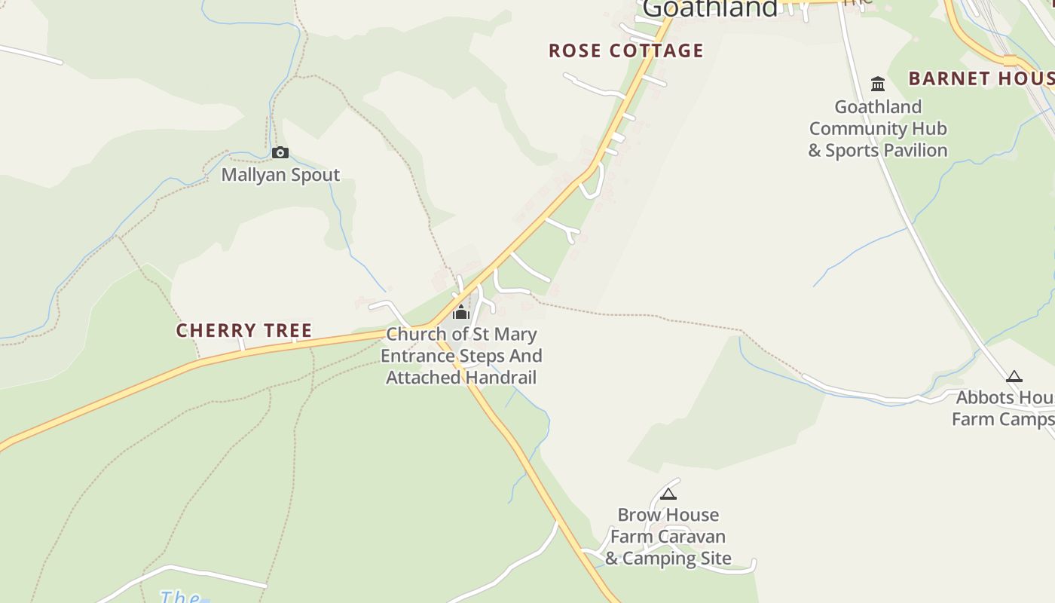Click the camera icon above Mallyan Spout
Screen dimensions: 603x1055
pyautogui.click(x=280, y=153)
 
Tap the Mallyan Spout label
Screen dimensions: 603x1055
pyautogui.click(x=280, y=175)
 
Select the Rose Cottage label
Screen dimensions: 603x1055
pyautogui.click(x=625, y=51)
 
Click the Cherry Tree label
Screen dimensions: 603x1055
pyautogui.click(x=244, y=331)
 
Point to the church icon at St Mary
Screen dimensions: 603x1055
pyautogui.click(x=461, y=312)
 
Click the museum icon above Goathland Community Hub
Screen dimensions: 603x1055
pyautogui.click(x=878, y=84)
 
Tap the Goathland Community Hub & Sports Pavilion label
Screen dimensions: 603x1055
pyautogui.click(x=878, y=128)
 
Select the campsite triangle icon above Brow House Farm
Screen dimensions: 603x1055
pyautogui.click(x=668, y=494)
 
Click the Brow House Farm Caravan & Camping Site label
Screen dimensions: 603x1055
pyautogui.click(x=668, y=537)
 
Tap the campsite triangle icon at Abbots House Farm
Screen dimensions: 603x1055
pyautogui.click(x=1014, y=377)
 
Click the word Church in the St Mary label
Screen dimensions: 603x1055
pyautogui.click(x=417, y=334)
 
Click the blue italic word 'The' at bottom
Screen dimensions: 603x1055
pyautogui.click(x=179, y=597)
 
